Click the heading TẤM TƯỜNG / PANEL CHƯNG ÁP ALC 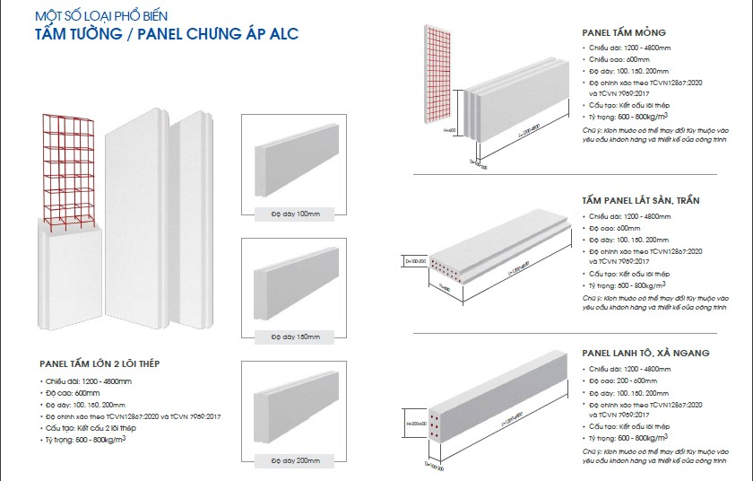[x=166, y=35]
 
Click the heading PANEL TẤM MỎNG [x=624, y=32]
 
